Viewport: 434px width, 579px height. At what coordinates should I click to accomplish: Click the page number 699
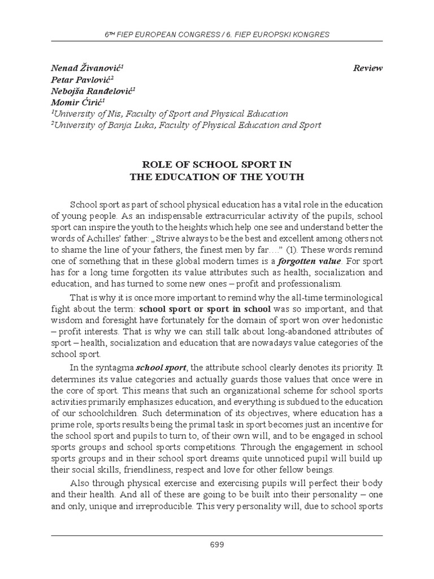pyautogui.click(x=217, y=545)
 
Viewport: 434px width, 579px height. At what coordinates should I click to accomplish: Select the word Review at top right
pyautogui.click(x=368, y=68)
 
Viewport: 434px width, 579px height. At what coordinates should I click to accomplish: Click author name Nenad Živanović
pyautogui.click(x=87, y=68)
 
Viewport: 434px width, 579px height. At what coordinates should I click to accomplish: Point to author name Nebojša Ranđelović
pyautogui.click(x=93, y=91)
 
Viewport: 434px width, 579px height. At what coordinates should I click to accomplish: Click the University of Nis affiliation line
pyautogui.click(x=170, y=114)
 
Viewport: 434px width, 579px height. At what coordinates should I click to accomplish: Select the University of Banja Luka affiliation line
pyautogui.click(x=186, y=125)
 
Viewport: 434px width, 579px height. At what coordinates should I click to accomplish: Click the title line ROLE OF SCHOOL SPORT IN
pyautogui.click(x=217, y=165)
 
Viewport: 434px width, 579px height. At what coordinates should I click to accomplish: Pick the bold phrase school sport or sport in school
pyautogui.click(x=205, y=309)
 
